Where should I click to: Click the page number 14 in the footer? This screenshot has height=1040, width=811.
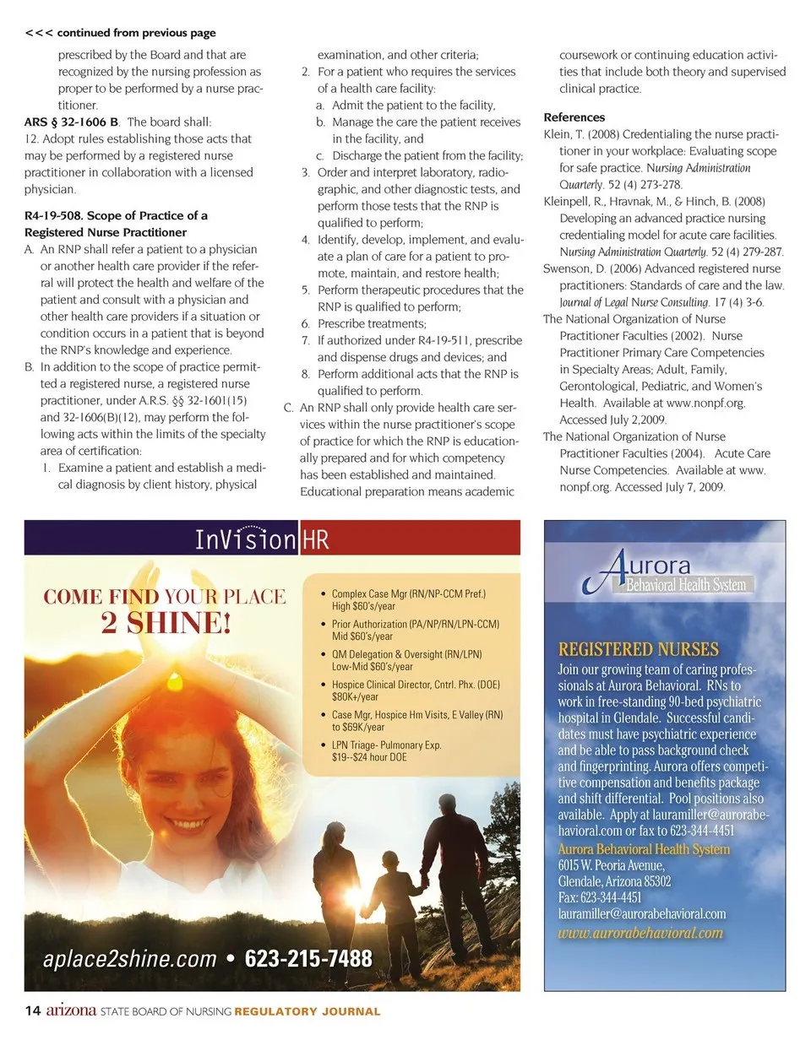click(x=33, y=1010)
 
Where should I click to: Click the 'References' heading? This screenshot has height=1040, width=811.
click(x=574, y=117)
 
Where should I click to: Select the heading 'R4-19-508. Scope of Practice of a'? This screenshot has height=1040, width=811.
click(x=116, y=216)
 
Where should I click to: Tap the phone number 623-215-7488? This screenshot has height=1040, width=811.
click(x=308, y=959)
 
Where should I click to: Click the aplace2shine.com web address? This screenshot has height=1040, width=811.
click(x=130, y=959)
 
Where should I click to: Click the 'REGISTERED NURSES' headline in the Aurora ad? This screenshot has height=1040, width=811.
click(x=639, y=649)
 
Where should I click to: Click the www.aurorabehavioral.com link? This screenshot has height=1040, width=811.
click(x=640, y=933)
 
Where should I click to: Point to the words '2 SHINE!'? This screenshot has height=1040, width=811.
click(x=165, y=625)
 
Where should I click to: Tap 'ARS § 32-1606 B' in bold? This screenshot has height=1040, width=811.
click(x=71, y=122)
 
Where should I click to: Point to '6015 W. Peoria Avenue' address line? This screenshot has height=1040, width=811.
click(x=612, y=866)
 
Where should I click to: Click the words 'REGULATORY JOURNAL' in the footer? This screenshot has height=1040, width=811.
click(x=308, y=1011)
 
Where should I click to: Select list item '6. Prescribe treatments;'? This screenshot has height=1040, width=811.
click(x=364, y=323)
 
